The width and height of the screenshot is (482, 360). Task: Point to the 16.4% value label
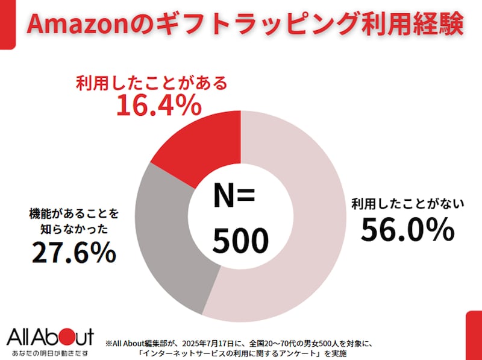pos(158,106)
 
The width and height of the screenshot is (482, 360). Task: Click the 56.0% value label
pos(407,230)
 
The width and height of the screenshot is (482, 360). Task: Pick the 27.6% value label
pos(74,251)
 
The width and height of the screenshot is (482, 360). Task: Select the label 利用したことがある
pos(152,83)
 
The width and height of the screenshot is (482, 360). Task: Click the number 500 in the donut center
pos(240,241)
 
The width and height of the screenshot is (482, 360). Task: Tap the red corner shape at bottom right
pos(474,335)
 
